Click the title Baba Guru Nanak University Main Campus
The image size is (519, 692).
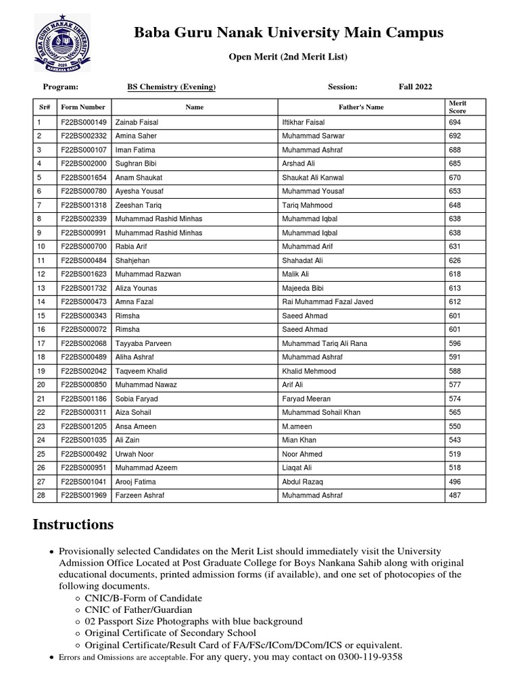(289, 32)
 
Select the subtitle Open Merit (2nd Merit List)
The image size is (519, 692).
(288, 57)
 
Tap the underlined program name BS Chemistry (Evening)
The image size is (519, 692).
(172, 87)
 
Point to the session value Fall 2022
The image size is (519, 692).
(415, 87)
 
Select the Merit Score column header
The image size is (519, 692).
(458, 107)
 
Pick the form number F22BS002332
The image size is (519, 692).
(84, 136)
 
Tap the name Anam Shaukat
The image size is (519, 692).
(136, 178)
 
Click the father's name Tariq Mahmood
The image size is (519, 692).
(307, 205)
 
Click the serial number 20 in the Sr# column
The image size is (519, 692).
(41, 385)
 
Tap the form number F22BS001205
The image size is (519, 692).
(84, 426)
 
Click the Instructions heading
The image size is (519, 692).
(73, 525)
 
